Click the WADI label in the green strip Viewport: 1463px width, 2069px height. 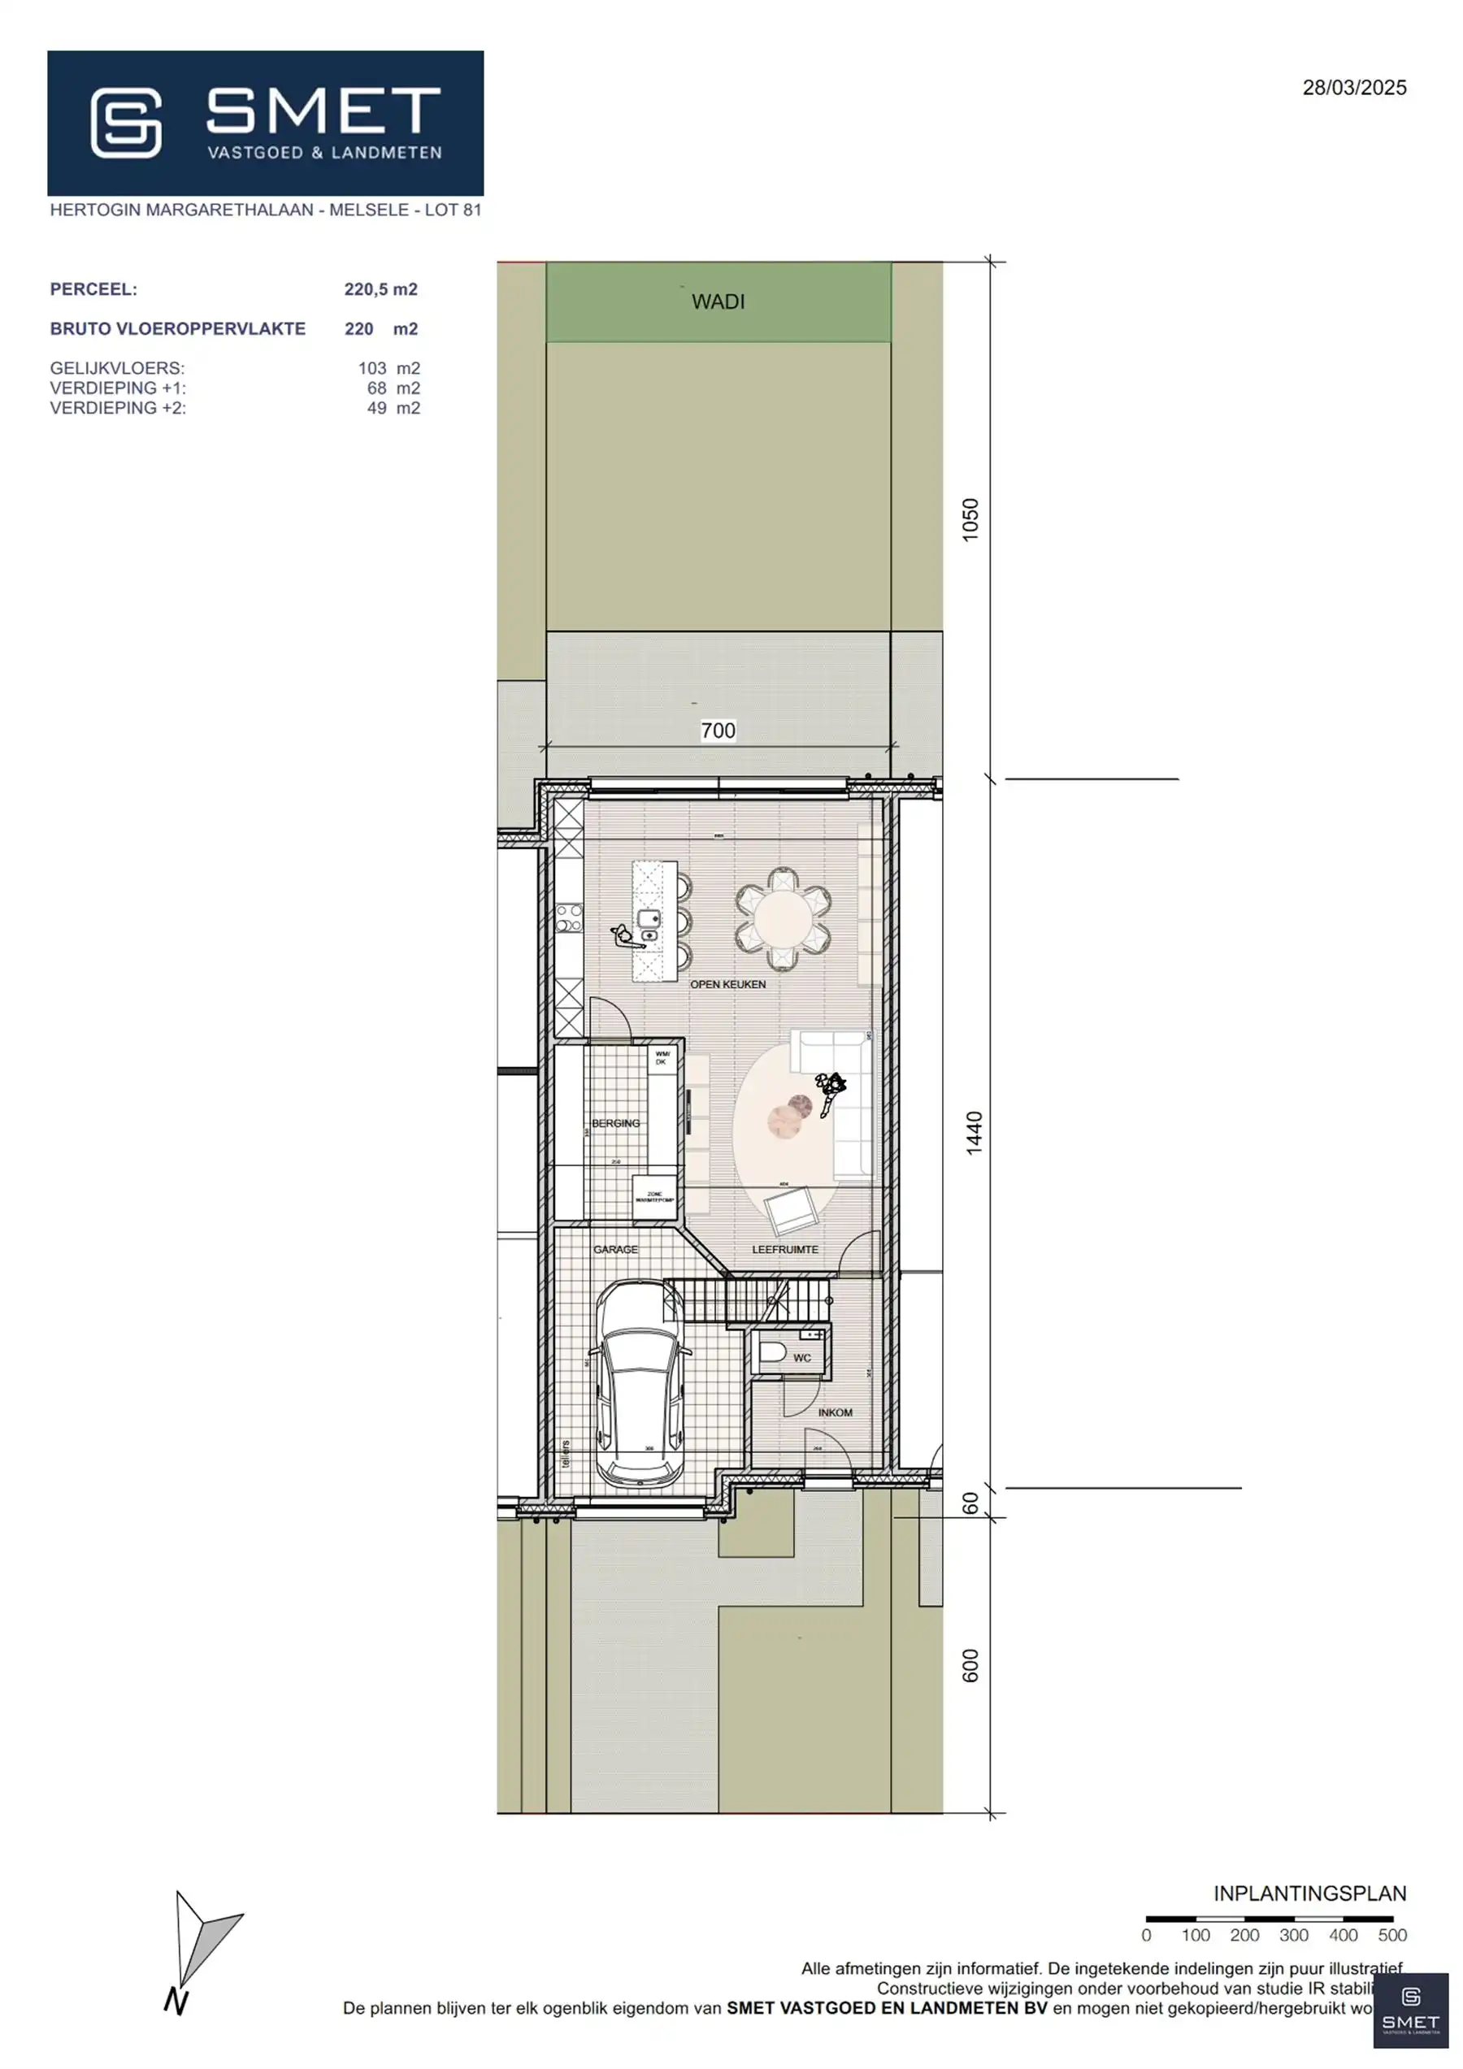[x=718, y=301]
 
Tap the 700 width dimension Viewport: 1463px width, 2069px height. [x=718, y=731]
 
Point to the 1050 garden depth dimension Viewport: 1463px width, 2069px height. [x=970, y=520]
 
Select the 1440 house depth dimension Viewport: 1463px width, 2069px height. [x=974, y=1133]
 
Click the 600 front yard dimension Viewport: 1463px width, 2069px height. [x=970, y=1665]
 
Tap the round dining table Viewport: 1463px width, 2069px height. [x=783, y=919]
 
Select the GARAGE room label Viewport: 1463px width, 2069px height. [x=614, y=1249]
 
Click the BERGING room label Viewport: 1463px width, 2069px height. [x=614, y=1123]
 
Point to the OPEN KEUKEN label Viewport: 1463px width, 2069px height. [x=727, y=984]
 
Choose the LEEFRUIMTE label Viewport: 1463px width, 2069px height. [x=785, y=1249]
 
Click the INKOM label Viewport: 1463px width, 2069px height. [x=835, y=1412]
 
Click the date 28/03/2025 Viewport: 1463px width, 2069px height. [x=1353, y=88]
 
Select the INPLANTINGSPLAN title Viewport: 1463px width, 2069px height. [x=1309, y=1893]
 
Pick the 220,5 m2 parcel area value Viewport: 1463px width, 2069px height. [x=380, y=289]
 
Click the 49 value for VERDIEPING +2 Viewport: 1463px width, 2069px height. [x=377, y=408]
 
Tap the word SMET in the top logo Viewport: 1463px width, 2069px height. [x=323, y=112]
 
